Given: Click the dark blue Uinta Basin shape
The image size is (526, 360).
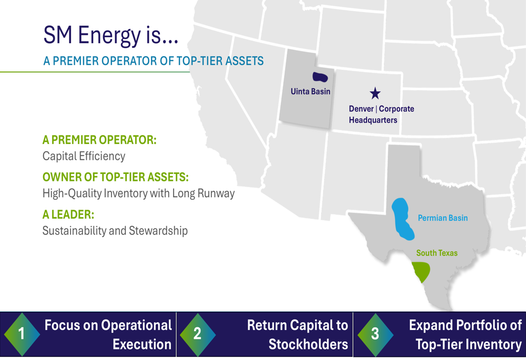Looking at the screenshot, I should tap(320, 77).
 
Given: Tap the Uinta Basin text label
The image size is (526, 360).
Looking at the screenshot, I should tap(310, 91).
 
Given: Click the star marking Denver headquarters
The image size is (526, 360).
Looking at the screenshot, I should tap(375, 94).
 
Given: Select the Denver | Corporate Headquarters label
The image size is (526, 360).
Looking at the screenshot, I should tap(381, 115).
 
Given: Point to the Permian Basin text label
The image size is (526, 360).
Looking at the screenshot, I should tap(442, 218).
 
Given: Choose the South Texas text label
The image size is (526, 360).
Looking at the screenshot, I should tap(437, 253).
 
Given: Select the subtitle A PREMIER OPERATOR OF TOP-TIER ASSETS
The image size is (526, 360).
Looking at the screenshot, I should tap(153, 61).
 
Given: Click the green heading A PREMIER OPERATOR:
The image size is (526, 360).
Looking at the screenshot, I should tap(99, 141).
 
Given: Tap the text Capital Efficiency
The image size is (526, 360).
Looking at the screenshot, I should tap(84, 156).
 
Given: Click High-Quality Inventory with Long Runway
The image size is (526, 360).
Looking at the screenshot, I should tap(138, 193).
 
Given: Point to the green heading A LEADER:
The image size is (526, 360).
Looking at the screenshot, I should tap(68, 215).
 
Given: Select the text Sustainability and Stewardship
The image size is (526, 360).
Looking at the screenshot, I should tap(115, 231).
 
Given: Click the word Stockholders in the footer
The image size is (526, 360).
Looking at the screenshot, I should tap(308, 345).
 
